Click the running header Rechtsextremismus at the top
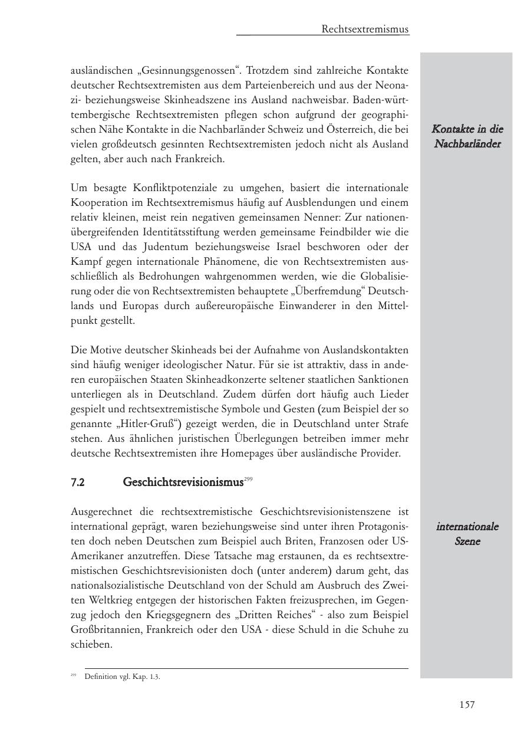click(365, 29)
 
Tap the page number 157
click(467, 704)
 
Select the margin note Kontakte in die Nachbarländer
click(467, 136)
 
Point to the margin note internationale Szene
click(467, 534)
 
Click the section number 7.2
click(78, 482)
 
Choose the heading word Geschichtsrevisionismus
click(183, 482)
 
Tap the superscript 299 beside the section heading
click(248, 480)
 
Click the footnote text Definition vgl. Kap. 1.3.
click(122, 677)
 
